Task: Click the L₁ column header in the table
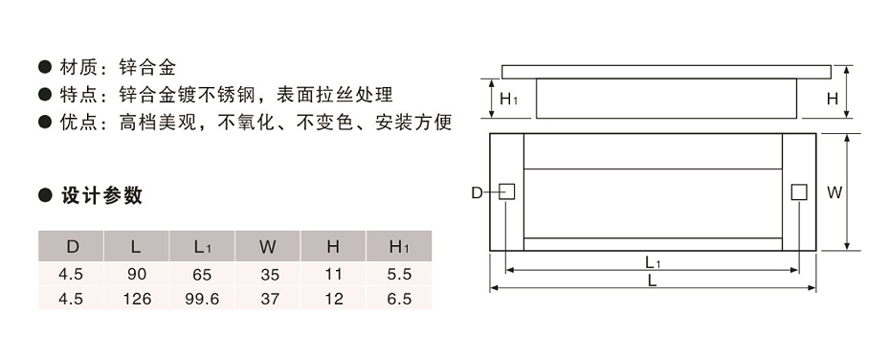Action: click(x=202, y=247)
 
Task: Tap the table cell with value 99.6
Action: click(x=202, y=299)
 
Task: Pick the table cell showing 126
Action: click(x=137, y=299)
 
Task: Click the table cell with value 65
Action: click(x=202, y=274)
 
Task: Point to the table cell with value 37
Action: click(x=269, y=299)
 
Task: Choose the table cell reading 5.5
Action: click(x=399, y=274)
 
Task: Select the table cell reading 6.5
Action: click(x=399, y=299)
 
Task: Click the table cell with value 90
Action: click(x=137, y=274)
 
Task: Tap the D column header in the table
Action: click(x=72, y=247)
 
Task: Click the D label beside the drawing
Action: click(x=477, y=193)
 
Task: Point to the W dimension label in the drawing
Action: click(x=834, y=192)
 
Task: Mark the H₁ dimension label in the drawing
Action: click(x=509, y=99)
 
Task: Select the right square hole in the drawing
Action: click(x=798, y=192)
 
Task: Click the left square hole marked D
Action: click(x=507, y=192)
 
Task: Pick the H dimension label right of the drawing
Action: click(x=833, y=99)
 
